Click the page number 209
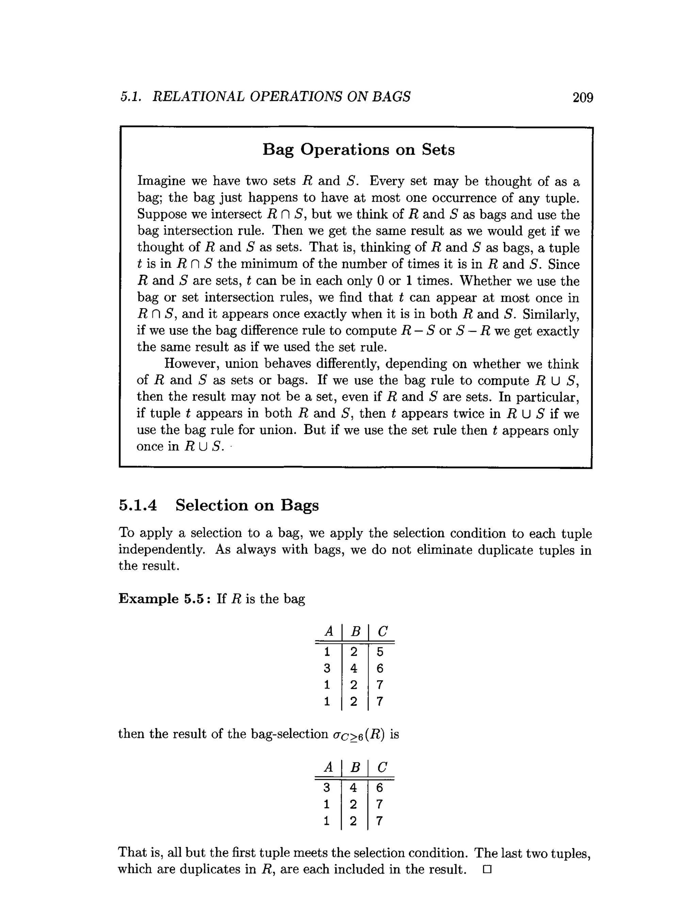click(x=583, y=97)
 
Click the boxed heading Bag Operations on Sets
click(x=358, y=150)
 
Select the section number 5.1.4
click(x=138, y=505)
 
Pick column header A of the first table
click(x=328, y=631)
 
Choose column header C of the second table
click(x=382, y=767)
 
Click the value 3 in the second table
click(x=327, y=787)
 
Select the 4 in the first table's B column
click(x=354, y=668)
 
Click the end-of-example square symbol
click(x=487, y=870)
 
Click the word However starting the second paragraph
click(x=192, y=363)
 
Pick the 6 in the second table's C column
click(x=379, y=787)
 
